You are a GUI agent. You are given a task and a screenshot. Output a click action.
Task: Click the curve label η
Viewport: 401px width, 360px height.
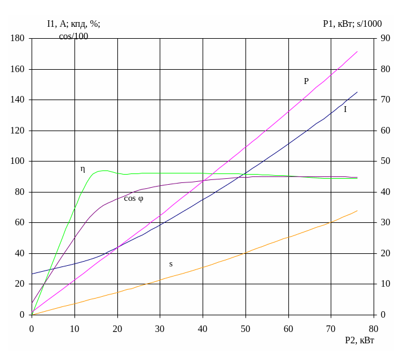[x=83, y=169]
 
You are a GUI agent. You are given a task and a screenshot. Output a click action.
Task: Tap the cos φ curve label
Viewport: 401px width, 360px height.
[x=133, y=198]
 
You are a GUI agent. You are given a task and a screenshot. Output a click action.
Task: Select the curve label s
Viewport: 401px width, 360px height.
[x=171, y=264]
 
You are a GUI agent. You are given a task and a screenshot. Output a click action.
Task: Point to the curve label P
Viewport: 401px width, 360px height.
[x=306, y=82]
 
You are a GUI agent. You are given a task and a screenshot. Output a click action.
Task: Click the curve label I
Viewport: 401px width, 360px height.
[x=345, y=110]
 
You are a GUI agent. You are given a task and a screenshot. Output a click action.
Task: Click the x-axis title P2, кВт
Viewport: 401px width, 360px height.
[x=360, y=340]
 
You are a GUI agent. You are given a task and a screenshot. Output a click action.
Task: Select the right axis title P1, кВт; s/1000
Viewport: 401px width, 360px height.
[x=352, y=24]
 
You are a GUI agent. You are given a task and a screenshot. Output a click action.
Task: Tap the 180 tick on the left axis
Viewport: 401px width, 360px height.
[x=18, y=39]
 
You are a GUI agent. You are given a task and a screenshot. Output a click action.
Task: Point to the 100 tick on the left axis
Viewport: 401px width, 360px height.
[x=18, y=162]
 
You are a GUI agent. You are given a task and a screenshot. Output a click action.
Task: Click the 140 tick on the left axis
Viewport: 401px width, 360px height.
[x=18, y=100]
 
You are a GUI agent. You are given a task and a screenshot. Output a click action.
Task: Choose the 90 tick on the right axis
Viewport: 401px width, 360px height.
[x=386, y=39]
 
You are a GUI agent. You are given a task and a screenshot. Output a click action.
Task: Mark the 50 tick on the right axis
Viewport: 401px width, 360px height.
[x=386, y=162]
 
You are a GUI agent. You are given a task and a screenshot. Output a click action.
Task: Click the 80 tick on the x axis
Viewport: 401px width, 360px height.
[x=374, y=328]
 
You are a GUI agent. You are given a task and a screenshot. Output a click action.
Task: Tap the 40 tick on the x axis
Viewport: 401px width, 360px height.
[x=203, y=328]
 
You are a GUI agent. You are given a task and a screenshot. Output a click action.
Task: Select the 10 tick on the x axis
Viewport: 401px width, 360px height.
[x=74, y=328]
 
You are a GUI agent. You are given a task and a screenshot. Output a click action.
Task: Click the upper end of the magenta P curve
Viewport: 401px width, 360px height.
[x=358, y=51]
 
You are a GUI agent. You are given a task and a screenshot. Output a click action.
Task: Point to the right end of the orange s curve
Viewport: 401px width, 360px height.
[x=358, y=210]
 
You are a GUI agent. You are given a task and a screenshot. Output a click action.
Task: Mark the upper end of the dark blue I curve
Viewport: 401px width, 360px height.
[x=358, y=92]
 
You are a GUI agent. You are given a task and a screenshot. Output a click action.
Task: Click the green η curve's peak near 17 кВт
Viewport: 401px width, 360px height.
[x=104, y=170]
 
